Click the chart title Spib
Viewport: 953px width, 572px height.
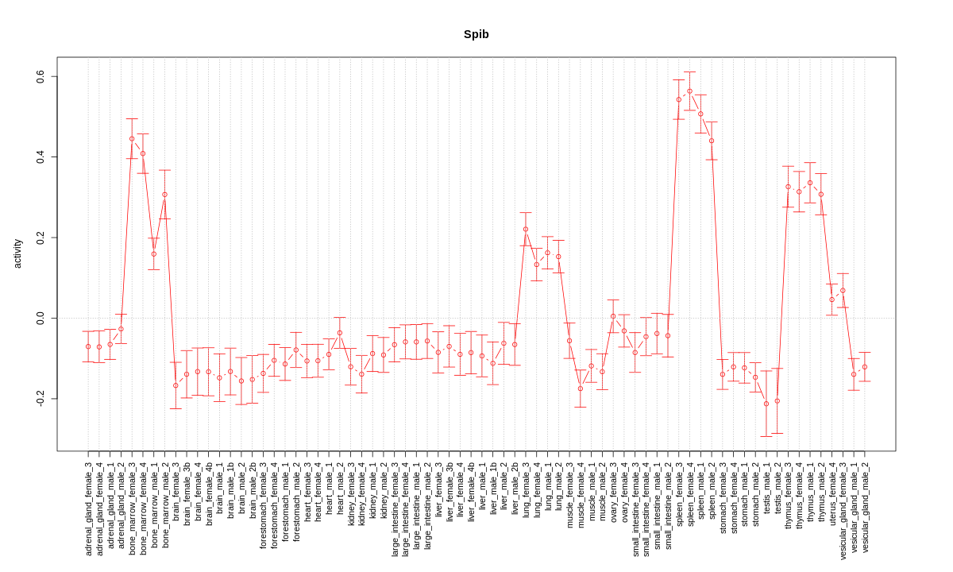click(x=476, y=35)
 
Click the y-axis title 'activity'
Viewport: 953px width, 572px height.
click(x=17, y=253)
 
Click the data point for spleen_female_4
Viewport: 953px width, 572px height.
click(x=689, y=91)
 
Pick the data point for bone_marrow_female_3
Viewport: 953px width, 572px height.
click(x=132, y=138)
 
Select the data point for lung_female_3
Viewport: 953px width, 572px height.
click(x=526, y=229)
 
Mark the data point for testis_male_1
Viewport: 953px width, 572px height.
click(x=766, y=404)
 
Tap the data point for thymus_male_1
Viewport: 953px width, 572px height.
click(x=810, y=183)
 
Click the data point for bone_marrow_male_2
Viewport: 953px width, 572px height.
click(x=164, y=194)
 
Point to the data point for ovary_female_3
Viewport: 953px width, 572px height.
click(x=613, y=316)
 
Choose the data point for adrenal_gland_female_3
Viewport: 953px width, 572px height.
click(x=88, y=346)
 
